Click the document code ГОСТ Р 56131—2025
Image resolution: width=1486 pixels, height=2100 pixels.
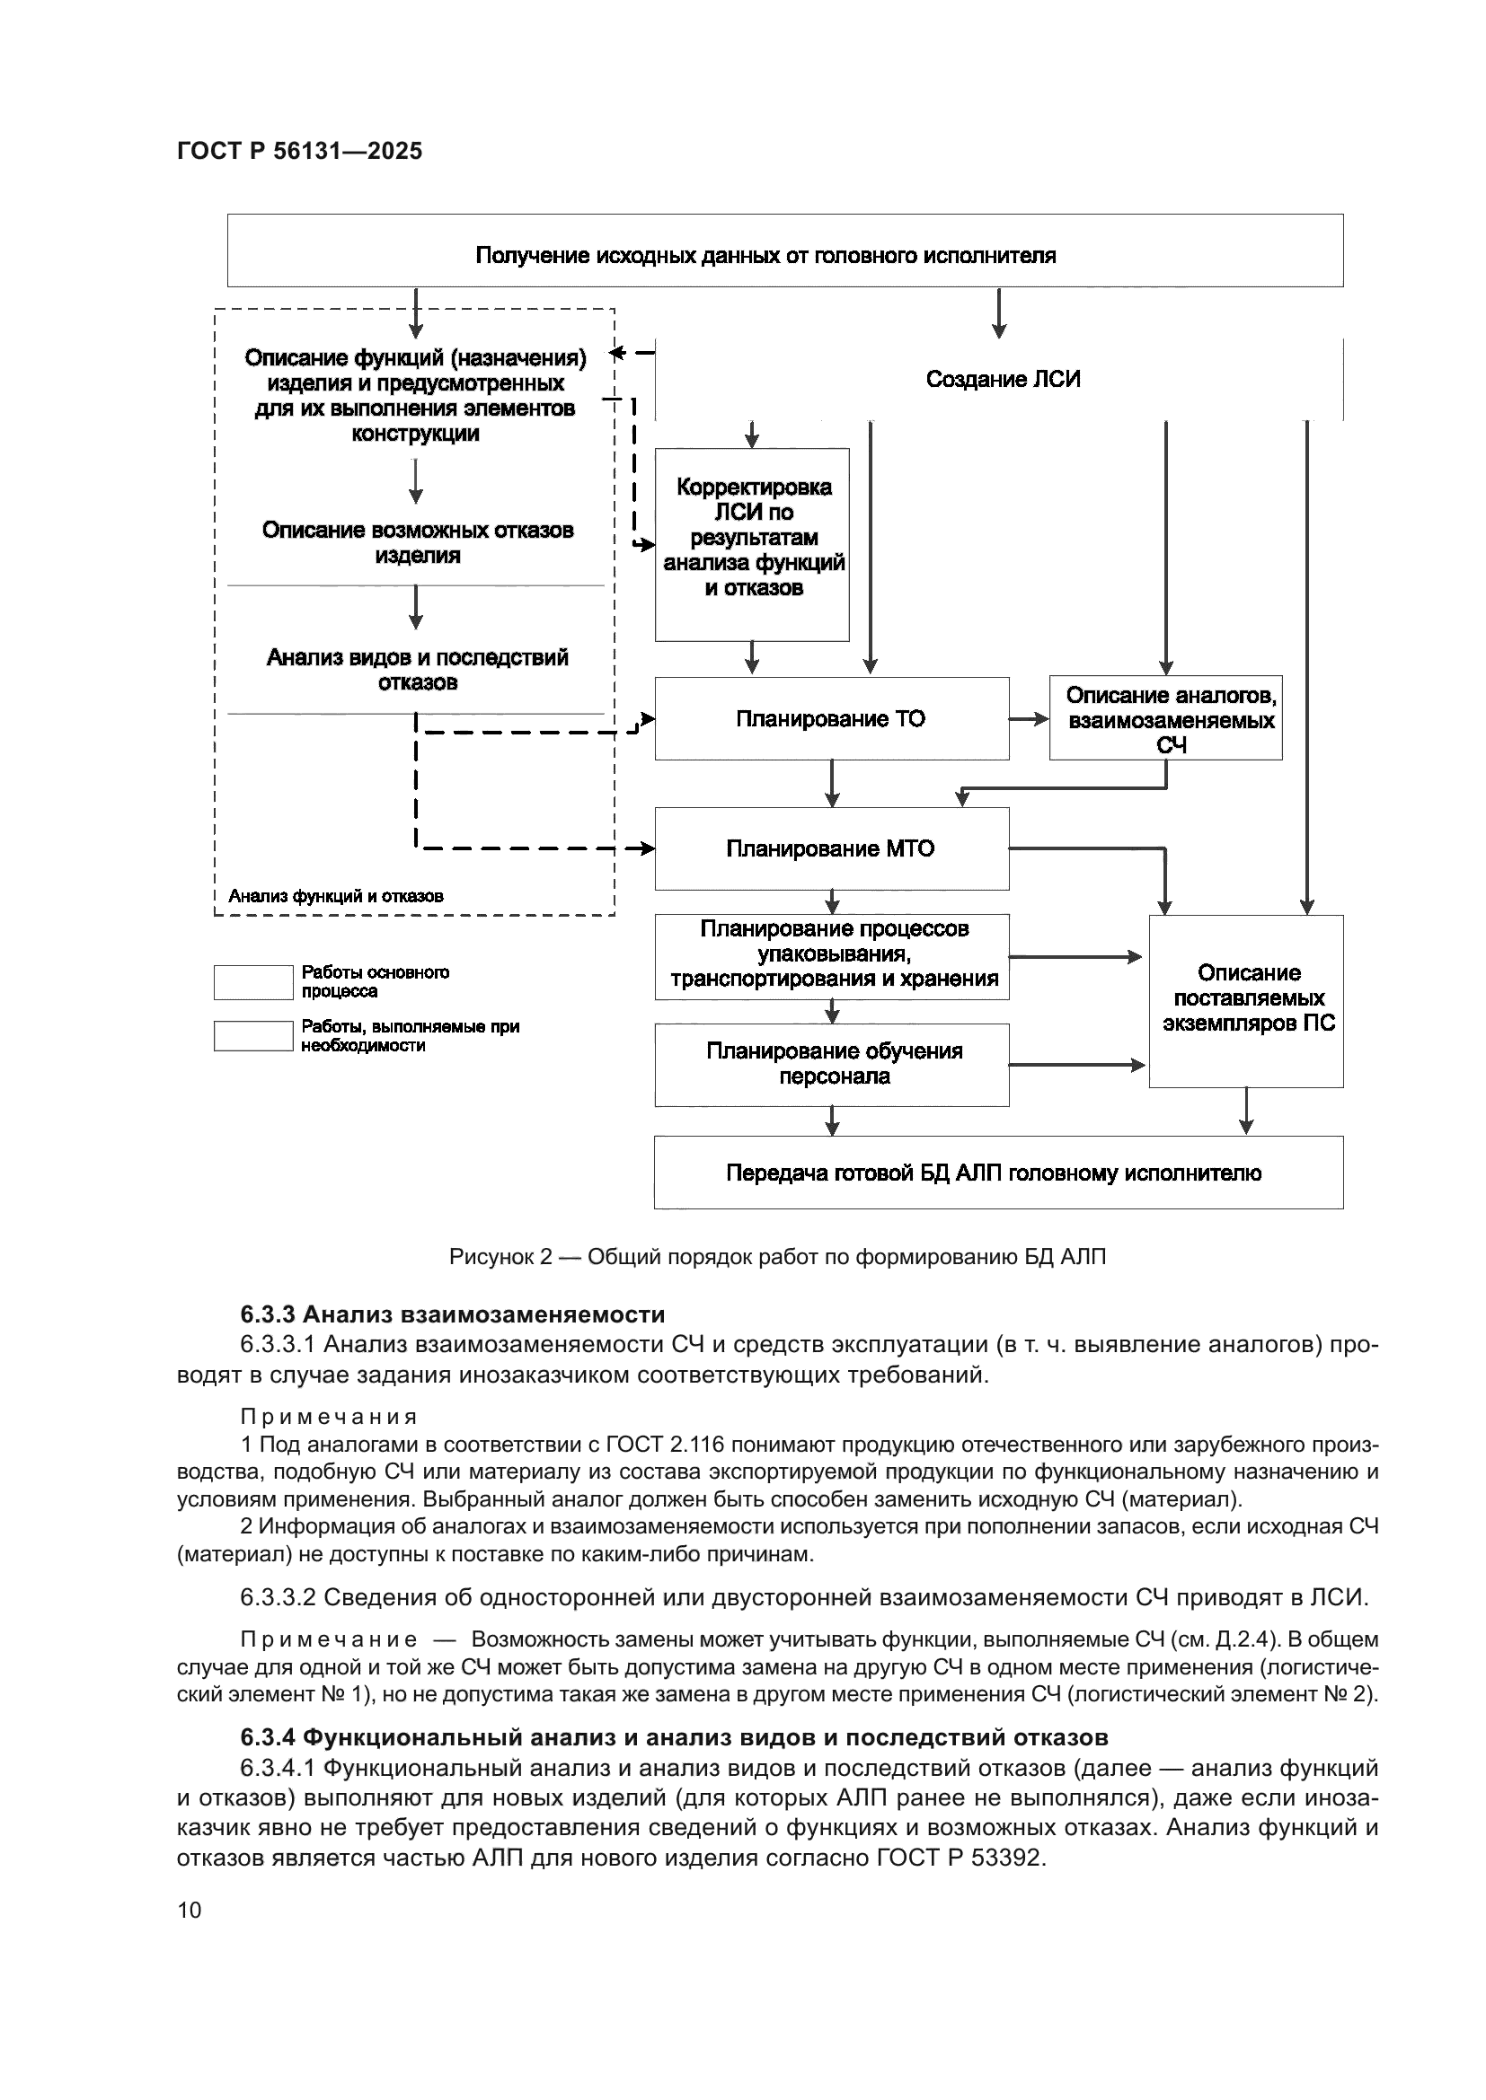click(299, 152)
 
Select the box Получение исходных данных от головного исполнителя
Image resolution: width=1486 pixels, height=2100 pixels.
click(784, 250)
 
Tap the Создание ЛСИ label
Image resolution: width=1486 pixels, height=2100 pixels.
click(1003, 380)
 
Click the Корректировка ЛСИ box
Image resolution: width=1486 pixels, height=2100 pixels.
click(752, 544)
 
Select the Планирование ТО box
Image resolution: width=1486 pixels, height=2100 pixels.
click(831, 719)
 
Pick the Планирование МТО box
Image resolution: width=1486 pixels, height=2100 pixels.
click(831, 848)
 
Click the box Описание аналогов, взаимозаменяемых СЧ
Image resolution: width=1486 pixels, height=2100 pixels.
click(1165, 720)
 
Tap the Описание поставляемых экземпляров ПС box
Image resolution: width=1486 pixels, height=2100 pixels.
click(1246, 1000)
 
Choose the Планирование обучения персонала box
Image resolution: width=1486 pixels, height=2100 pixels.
click(831, 1065)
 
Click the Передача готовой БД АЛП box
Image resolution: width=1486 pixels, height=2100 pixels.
click(997, 1173)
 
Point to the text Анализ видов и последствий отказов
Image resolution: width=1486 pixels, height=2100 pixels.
click(417, 670)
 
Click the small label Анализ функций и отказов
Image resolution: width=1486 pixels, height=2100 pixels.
click(336, 896)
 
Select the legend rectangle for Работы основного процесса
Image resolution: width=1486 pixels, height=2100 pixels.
click(252, 982)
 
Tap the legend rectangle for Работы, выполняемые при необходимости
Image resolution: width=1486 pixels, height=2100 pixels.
click(252, 1036)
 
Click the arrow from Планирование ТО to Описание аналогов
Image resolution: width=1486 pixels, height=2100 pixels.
click(1030, 720)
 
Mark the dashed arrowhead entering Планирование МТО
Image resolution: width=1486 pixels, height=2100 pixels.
click(646, 848)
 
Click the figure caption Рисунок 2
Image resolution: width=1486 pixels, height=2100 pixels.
click(777, 1257)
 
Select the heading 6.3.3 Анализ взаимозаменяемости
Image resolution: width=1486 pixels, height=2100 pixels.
click(452, 1314)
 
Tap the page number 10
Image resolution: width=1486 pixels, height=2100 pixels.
click(190, 1910)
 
